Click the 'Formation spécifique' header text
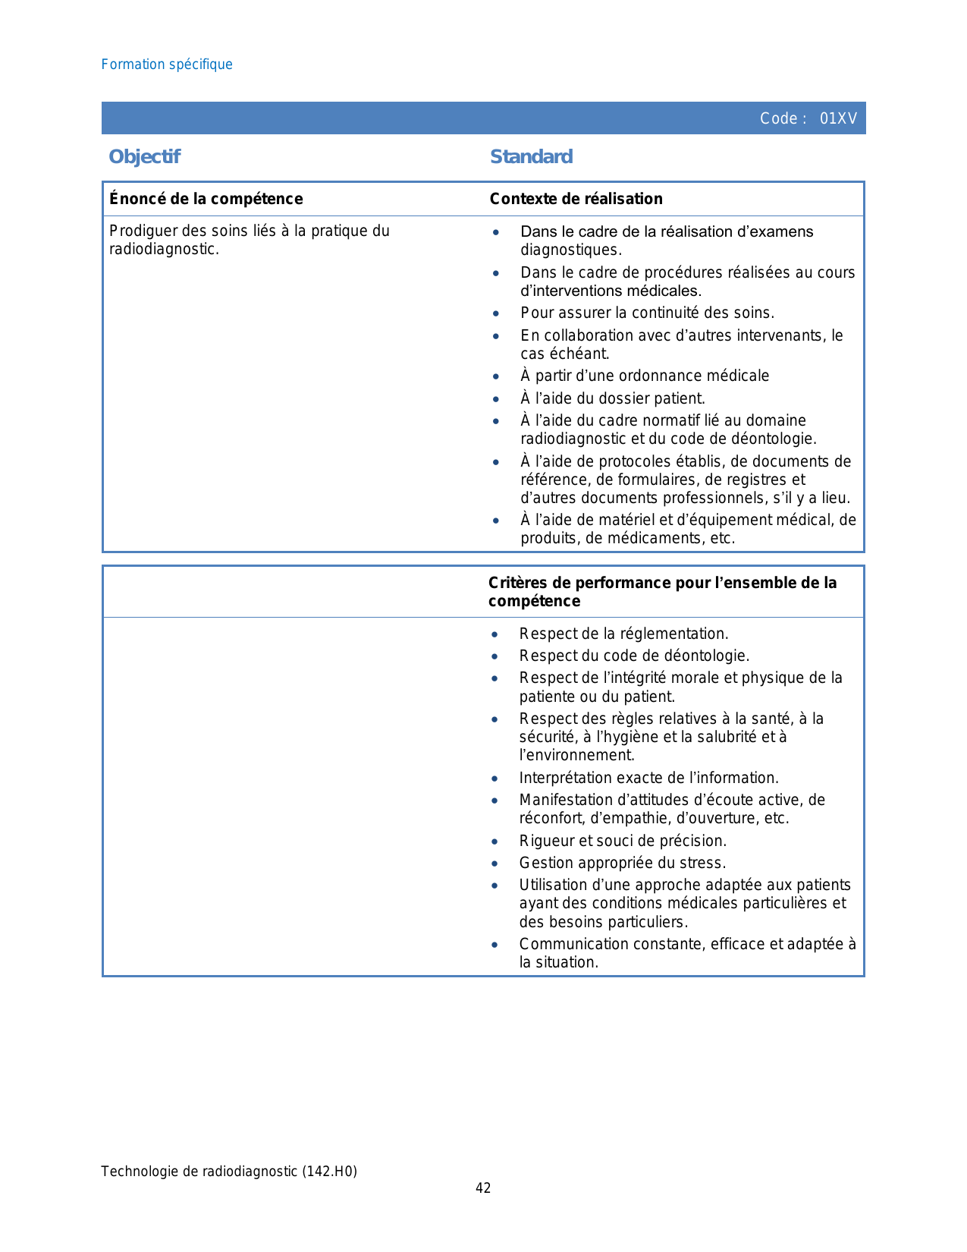(167, 64)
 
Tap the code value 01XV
(838, 118)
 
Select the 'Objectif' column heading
(144, 156)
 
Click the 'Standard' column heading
(531, 156)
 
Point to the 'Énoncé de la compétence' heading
(206, 199)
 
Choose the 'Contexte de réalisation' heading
(576, 199)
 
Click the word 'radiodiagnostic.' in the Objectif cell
(164, 250)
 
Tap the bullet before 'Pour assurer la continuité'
(496, 313)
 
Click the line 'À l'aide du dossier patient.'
(612, 398)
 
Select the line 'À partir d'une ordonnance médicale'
(644, 376)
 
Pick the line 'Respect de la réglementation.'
(623, 634)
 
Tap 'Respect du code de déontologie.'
(634, 656)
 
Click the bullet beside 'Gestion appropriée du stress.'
(494, 864)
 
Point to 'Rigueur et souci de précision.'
(623, 841)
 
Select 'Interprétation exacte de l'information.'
(648, 778)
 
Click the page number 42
(483, 1188)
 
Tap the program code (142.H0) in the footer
(329, 1172)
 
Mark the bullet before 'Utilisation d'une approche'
(494, 886)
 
